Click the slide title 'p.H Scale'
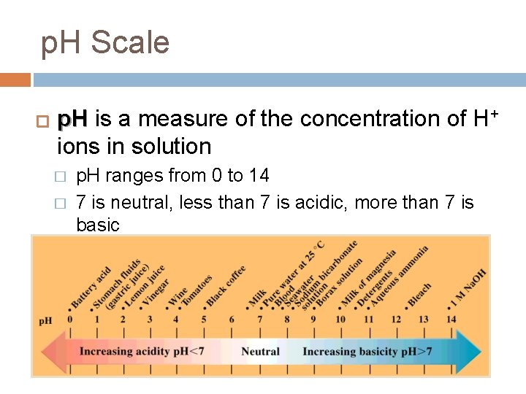pos(105,43)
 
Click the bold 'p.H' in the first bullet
pos(73,118)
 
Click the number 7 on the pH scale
pos(259,319)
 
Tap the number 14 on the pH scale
pos(451,319)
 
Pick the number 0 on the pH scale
pos(69,319)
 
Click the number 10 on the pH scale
pos(341,319)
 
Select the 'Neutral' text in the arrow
pos(260,351)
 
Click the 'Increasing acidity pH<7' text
pos(141,351)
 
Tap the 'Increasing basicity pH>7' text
pos(367,351)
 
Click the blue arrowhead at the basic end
pos(471,352)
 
